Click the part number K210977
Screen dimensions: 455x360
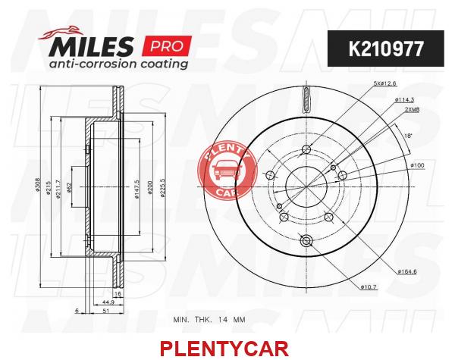[386, 49]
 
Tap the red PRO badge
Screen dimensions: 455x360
[167, 45]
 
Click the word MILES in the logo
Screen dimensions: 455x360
[92, 46]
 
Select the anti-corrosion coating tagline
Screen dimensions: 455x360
[118, 64]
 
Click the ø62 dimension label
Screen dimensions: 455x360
[69, 187]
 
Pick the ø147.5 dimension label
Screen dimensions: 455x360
[137, 189]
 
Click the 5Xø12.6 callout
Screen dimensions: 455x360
[384, 83]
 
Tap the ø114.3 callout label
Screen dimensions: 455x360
[404, 100]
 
